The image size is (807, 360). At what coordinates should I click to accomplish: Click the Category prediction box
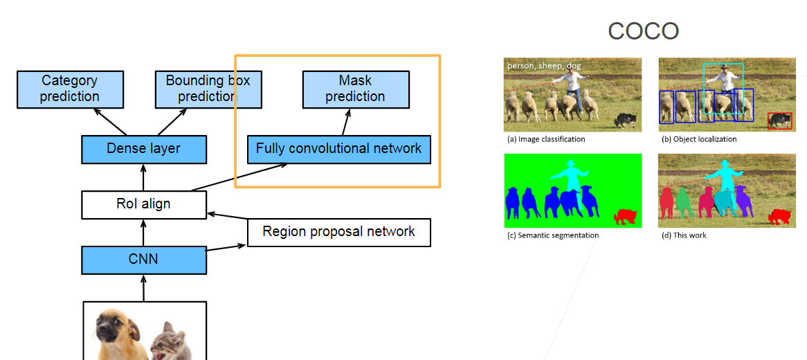point(70,89)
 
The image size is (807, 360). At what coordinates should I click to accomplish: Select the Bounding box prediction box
point(208,89)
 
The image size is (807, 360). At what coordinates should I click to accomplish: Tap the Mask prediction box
point(356,89)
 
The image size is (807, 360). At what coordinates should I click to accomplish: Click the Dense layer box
point(143,150)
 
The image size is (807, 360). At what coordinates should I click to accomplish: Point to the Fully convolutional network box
point(338,150)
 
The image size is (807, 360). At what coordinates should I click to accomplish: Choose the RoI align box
point(143,204)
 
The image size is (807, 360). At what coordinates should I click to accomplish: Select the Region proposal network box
point(338,233)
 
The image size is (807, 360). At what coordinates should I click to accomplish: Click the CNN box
point(143,260)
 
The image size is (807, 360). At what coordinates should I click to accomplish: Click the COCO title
point(644,31)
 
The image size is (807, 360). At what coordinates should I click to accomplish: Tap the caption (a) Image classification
point(546,139)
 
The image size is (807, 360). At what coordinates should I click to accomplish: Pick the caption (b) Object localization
point(699,139)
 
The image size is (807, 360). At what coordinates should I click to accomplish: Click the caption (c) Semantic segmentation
point(553,235)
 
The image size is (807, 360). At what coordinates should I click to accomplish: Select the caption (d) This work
point(684,235)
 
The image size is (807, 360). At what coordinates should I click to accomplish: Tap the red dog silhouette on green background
point(626,217)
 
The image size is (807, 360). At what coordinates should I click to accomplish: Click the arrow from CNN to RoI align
point(143,233)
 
